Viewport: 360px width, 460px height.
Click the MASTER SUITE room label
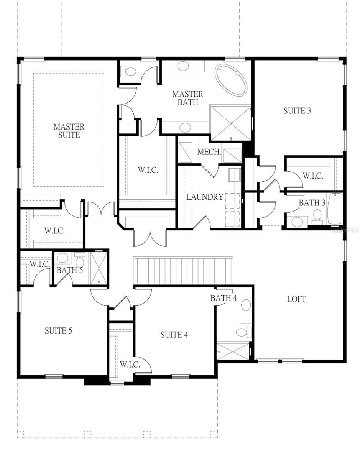coord(69,131)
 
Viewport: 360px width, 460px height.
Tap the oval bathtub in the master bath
coord(231,80)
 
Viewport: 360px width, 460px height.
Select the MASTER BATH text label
coord(187,98)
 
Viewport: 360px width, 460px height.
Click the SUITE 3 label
coord(297,111)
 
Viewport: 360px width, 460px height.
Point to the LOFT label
coord(296,299)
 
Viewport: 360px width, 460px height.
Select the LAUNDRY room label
coord(205,197)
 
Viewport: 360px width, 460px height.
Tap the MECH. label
coord(209,152)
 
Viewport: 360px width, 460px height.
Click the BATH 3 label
coord(312,203)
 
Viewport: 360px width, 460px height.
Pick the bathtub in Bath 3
coord(335,209)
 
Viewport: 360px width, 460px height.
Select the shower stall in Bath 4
coord(233,351)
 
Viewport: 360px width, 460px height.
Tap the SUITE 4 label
coord(174,335)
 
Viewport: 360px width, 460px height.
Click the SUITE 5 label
coord(59,330)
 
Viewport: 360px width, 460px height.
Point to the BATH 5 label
coord(69,270)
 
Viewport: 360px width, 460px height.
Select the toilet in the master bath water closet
coord(129,72)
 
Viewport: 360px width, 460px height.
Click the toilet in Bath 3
coord(317,216)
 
